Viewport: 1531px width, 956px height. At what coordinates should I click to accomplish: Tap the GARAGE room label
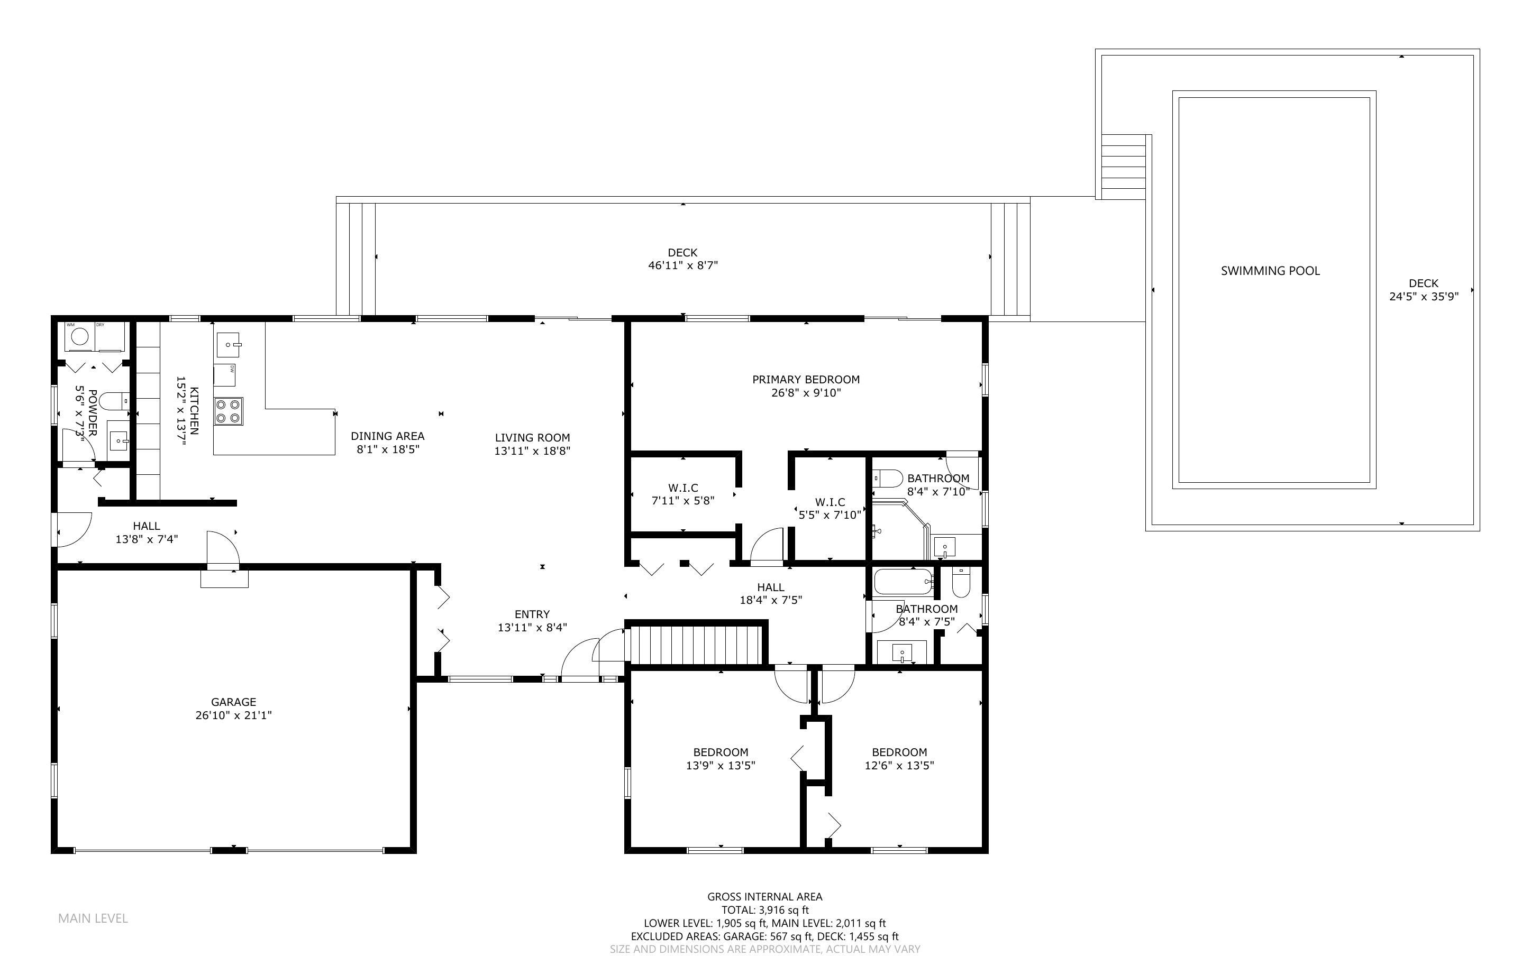pyautogui.click(x=233, y=702)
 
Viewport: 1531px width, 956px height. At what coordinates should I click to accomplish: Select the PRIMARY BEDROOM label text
pyautogui.click(x=806, y=379)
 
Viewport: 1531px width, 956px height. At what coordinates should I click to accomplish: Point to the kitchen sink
pyautogui.click(x=231, y=345)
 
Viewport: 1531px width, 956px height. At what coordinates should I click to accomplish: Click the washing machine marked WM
pyautogui.click(x=79, y=336)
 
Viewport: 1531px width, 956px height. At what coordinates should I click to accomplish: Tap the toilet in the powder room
pyautogui.click(x=114, y=401)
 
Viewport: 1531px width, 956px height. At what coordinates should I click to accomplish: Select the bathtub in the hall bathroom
pyautogui.click(x=903, y=582)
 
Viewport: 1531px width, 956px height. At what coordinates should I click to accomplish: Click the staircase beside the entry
pyautogui.click(x=696, y=643)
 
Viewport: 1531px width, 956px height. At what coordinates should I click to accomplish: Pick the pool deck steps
pyautogui.click(x=1123, y=167)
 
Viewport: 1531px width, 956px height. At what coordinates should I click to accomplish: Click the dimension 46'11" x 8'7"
pyautogui.click(x=683, y=265)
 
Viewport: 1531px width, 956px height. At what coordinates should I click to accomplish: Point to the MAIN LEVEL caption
pyautogui.click(x=93, y=918)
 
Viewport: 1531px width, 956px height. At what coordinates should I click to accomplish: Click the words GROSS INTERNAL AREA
pyautogui.click(x=764, y=897)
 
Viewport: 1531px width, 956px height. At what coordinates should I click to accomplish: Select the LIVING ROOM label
pyautogui.click(x=533, y=437)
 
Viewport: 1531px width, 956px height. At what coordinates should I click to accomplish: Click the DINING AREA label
pyautogui.click(x=388, y=436)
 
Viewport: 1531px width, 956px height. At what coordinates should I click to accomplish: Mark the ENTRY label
pyautogui.click(x=532, y=614)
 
